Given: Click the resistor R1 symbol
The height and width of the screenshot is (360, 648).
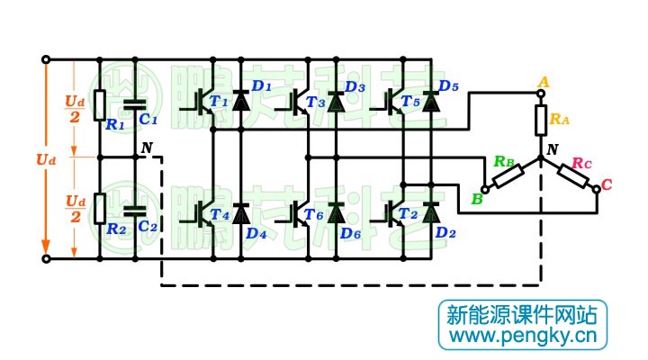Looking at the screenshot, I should point(100,103).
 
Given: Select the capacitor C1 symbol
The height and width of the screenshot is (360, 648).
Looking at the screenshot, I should point(135,103).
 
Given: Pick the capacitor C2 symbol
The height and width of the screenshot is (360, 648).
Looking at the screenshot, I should point(135,210).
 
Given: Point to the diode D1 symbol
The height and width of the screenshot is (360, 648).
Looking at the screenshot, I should point(240,102).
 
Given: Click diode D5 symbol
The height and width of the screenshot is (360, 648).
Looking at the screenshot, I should point(431,102).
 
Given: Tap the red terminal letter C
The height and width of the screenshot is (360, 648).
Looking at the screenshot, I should point(607,185).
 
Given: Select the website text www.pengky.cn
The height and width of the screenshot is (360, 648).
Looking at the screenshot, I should point(523,337).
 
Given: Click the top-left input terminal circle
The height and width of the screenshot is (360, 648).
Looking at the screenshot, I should point(46,60).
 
